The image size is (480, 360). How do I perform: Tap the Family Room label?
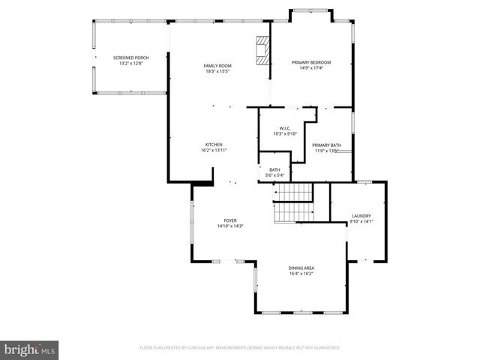tap(217, 66)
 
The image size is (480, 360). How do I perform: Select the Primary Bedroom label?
tap(311, 62)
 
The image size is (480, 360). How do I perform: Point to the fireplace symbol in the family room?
tap(262, 49)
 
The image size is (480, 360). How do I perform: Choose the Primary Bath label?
tap(327, 145)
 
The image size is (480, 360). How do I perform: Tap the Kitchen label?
tap(214, 145)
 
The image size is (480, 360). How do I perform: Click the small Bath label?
tap(274, 170)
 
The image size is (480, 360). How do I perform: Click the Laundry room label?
tap(361, 216)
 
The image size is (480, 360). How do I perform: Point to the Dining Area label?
tap(301, 268)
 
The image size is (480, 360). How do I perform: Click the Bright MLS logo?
tap(30, 349)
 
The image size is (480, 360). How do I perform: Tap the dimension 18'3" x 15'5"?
tap(217, 71)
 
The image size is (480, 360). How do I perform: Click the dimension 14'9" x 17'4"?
tap(311, 68)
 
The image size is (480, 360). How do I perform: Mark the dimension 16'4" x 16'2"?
tap(301, 274)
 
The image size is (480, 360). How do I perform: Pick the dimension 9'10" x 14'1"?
tap(361, 221)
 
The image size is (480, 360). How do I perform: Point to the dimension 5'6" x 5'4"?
tap(274, 176)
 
